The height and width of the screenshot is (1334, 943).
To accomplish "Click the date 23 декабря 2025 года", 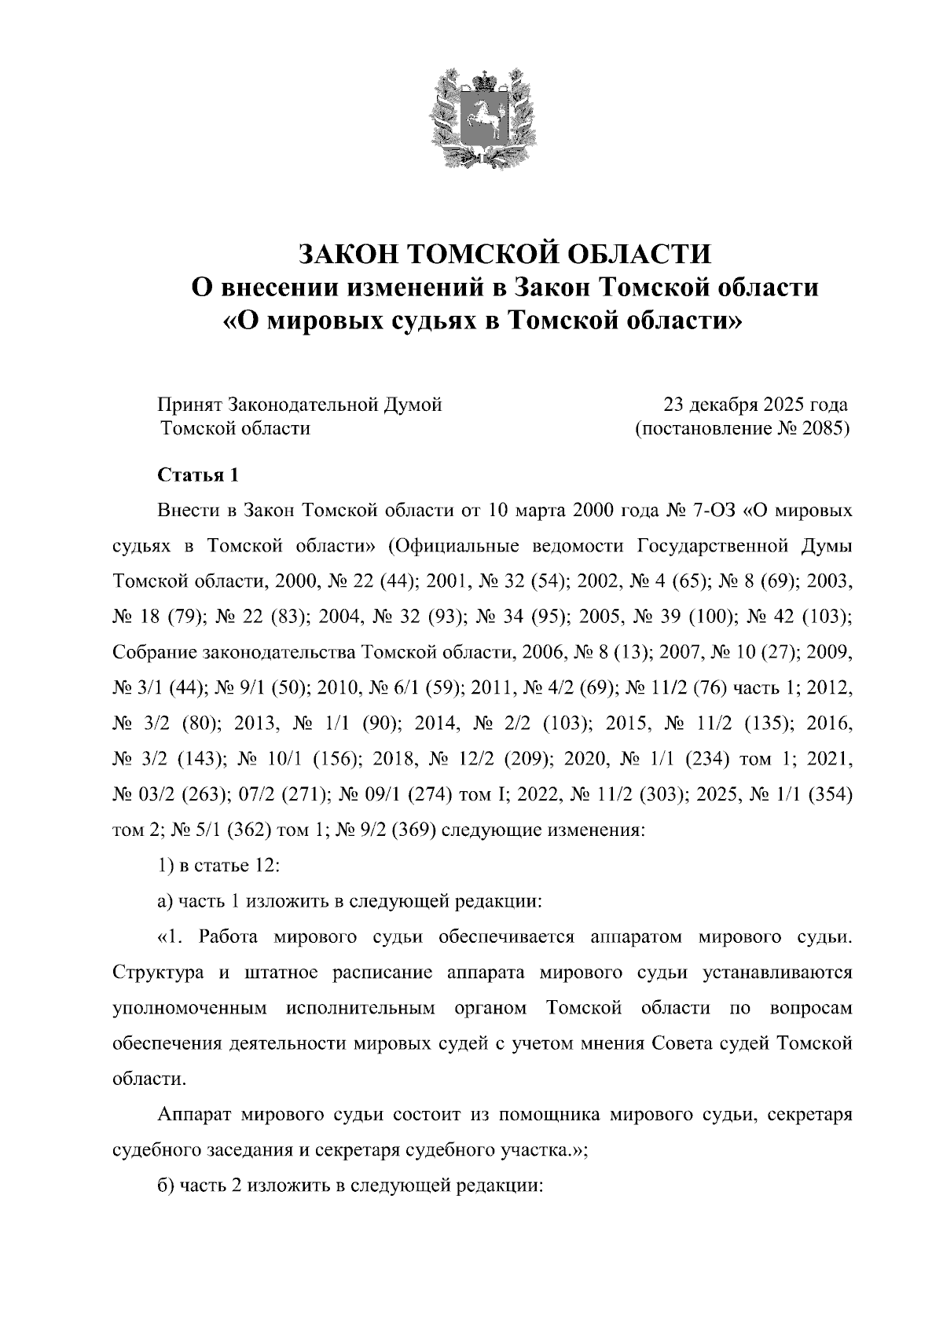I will [755, 405].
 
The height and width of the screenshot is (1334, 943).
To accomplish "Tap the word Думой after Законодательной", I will [412, 405].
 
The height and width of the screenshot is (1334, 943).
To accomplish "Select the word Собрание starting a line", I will [155, 653].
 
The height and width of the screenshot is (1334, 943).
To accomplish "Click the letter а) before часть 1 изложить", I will [165, 901].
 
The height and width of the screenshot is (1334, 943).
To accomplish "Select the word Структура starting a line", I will [160, 973].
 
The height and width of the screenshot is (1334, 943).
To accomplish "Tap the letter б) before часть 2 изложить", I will [165, 1186].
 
